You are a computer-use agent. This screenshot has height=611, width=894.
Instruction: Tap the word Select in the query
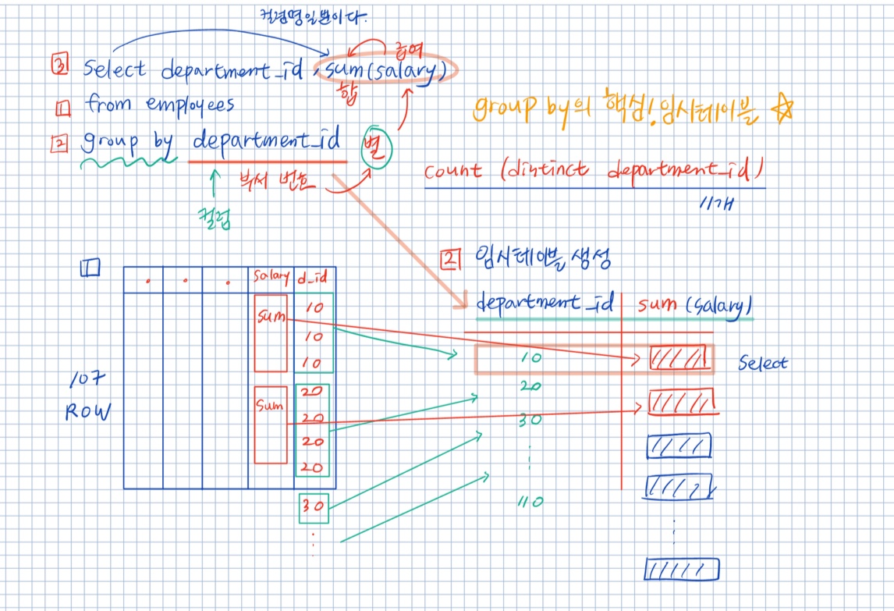click(114, 69)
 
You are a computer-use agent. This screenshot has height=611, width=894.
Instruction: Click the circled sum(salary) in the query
click(385, 71)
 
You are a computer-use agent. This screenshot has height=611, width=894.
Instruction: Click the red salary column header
click(270, 277)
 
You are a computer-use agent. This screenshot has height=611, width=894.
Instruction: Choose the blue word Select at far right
click(762, 363)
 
